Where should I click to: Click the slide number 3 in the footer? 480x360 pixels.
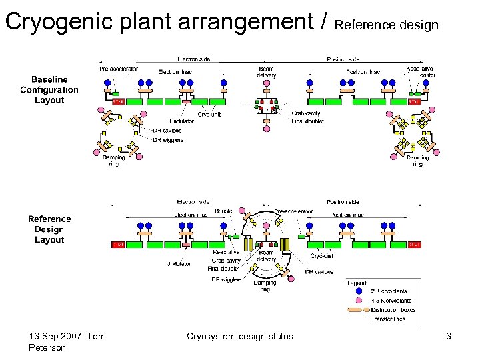[x=449, y=336]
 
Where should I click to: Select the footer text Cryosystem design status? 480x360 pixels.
[x=239, y=336]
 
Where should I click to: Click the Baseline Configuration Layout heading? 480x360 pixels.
[x=49, y=90]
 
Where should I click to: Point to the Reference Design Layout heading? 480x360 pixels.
[x=49, y=229]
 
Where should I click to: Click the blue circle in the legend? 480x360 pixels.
[x=359, y=291]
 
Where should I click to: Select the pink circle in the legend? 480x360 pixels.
[x=359, y=301]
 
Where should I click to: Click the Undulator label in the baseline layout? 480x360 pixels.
[x=181, y=121]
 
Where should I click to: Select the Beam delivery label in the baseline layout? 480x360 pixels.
[x=267, y=72]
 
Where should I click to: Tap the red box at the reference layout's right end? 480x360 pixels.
[x=415, y=245]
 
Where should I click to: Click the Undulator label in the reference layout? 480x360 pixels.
[x=179, y=263]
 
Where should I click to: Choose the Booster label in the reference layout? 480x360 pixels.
[x=225, y=211]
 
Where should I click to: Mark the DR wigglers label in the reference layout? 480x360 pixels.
[x=227, y=279]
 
